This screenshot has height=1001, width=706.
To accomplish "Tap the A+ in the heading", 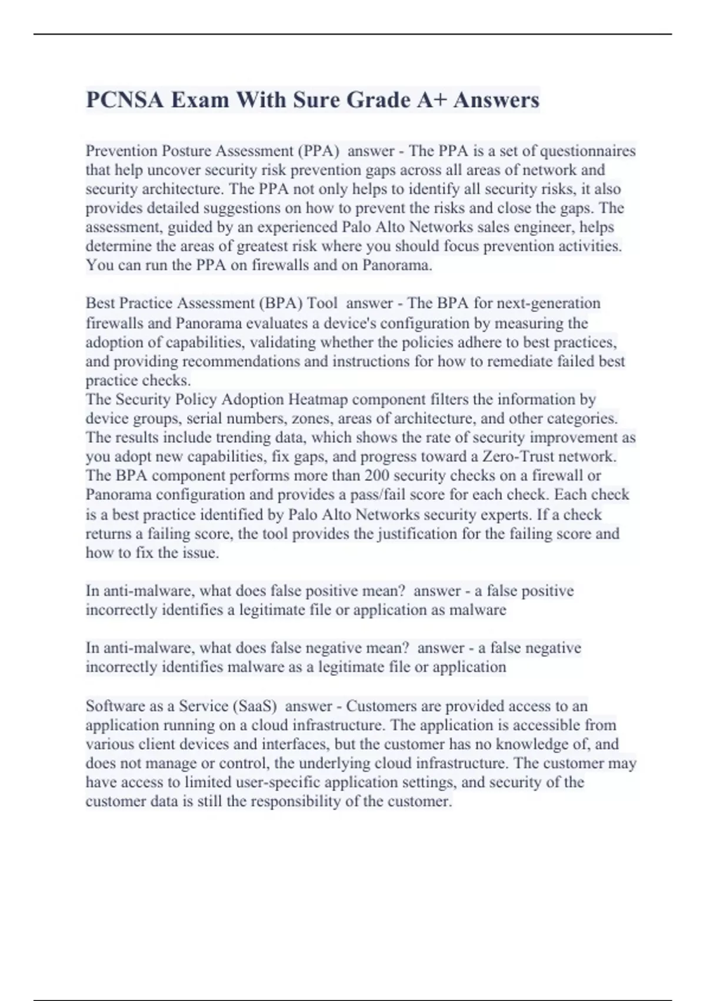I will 431,100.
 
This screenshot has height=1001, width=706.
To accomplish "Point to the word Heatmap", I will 318,399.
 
